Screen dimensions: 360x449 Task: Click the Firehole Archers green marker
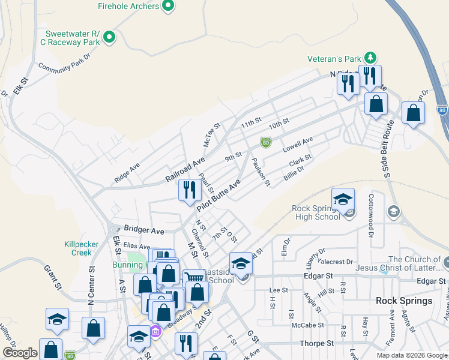(168, 7)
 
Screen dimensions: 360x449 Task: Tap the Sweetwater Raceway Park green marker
(109, 38)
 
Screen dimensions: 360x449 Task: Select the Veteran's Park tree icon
(371, 58)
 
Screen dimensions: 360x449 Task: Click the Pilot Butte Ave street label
(219, 194)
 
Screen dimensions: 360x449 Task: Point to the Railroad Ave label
(185, 170)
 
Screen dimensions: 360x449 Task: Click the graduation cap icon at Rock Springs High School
(343, 199)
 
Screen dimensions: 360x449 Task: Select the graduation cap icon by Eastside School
(241, 263)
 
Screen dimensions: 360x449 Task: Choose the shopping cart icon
(193, 278)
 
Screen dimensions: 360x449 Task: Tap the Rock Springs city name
(404, 301)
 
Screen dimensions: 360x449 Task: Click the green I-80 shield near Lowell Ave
(265, 142)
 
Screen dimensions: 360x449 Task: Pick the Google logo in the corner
(20, 353)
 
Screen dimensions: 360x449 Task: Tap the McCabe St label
(309, 325)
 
